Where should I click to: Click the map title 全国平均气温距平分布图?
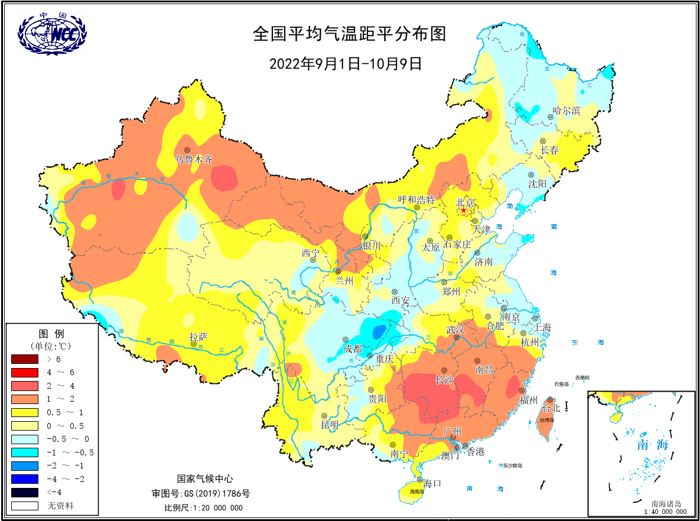(x=349, y=34)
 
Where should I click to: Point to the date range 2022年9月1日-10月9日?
(x=346, y=63)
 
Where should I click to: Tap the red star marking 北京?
(x=463, y=211)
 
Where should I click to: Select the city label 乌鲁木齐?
(x=193, y=159)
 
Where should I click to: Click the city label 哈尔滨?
(x=566, y=110)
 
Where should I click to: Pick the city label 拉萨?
(x=198, y=337)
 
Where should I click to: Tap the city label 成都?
(x=353, y=349)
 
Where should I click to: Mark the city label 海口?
(x=432, y=483)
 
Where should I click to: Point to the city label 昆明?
(x=330, y=424)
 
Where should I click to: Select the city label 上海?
(x=542, y=327)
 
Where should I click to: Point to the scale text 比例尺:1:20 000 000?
(x=203, y=507)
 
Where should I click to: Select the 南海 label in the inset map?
(x=653, y=444)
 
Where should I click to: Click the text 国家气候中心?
(x=205, y=479)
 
